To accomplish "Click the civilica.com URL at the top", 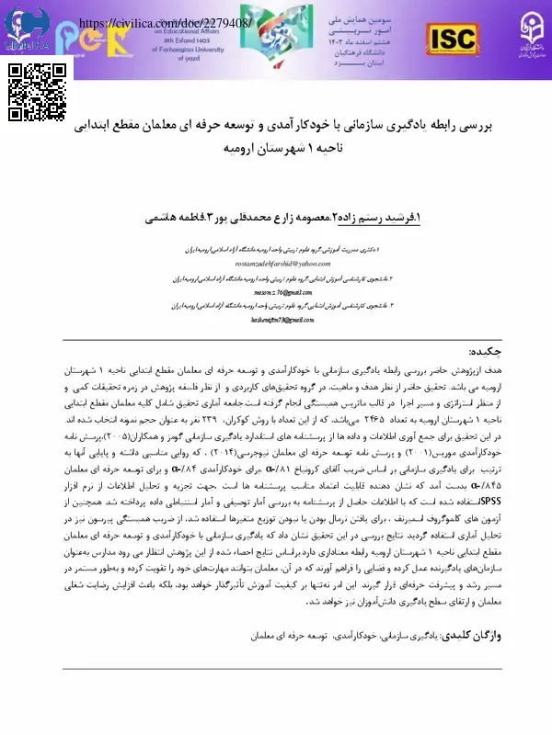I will click(167, 23).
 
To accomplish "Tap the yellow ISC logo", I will click(451, 38).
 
